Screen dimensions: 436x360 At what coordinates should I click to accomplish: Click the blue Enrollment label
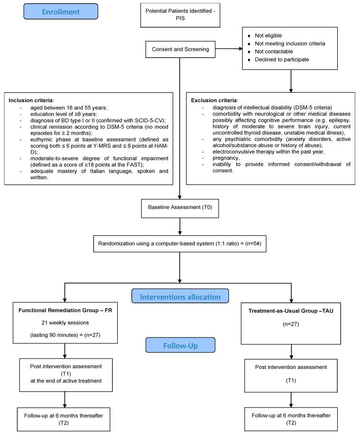[x=60, y=11]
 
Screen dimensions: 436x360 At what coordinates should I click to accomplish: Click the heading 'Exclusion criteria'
[x=213, y=101]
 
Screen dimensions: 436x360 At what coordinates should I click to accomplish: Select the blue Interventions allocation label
[x=180, y=297]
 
